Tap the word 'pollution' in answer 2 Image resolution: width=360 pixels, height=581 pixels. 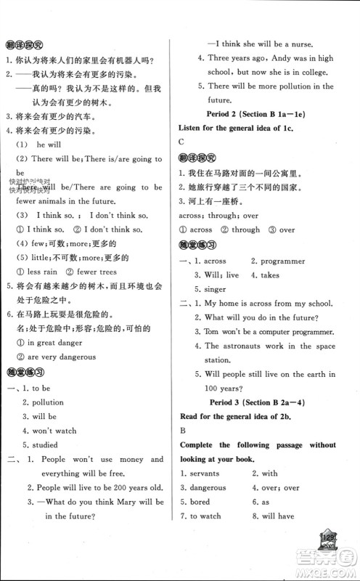tap(47, 402)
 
